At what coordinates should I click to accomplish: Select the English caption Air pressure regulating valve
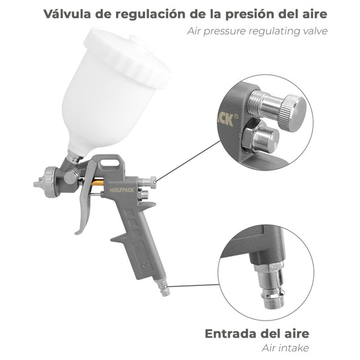(x=265, y=30)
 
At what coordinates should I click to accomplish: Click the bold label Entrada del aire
(x=257, y=333)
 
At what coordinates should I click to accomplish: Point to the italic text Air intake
(x=285, y=348)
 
